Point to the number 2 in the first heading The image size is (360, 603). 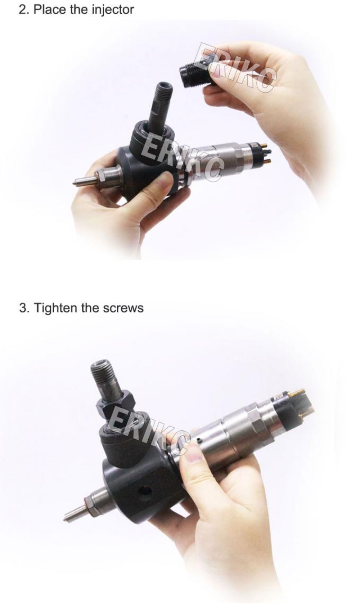point(21,9)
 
